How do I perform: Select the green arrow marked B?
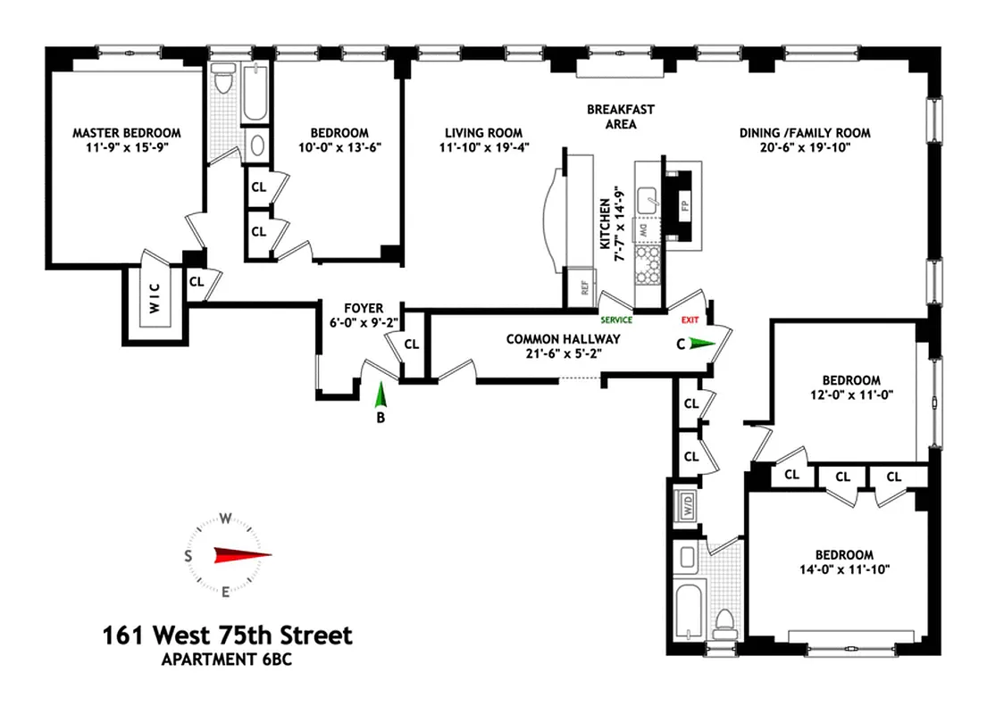[x=380, y=396]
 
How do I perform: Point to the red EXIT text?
[x=690, y=320]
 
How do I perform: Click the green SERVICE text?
[x=616, y=320]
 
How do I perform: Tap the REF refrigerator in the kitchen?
[x=584, y=287]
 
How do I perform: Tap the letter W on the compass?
[x=226, y=519]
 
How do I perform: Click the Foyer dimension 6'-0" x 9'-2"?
[x=364, y=325]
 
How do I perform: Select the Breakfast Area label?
[x=620, y=117]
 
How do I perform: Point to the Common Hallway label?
[x=563, y=339]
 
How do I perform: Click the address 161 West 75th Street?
[x=227, y=635]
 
